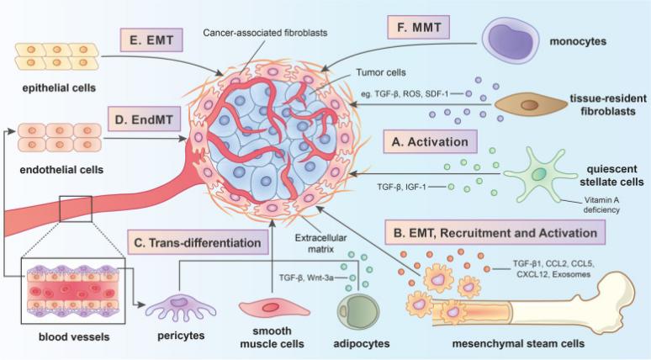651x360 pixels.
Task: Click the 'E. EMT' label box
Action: click(151, 40)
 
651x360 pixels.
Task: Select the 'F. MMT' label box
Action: click(419, 28)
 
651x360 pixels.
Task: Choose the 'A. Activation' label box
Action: click(430, 142)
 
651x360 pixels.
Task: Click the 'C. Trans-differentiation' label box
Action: click(198, 242)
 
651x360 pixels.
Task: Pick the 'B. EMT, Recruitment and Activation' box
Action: click(495, 232)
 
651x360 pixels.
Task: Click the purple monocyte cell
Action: click(511, 40)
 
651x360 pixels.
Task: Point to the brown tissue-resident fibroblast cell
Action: click(531, 104)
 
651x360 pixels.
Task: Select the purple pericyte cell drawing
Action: click(181, 308)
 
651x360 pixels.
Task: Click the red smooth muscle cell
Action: click(274, 309)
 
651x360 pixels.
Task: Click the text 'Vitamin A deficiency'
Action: click(601, 204)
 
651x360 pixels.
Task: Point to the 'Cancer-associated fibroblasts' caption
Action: click(265, 33)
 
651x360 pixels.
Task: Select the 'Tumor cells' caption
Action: click(381, 72)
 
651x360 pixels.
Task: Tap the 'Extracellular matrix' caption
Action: click(320, 243)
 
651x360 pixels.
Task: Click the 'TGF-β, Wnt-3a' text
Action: click(306, 277)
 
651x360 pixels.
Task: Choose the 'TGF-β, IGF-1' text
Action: click(401, 188)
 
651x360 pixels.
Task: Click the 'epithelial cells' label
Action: click(59, 88)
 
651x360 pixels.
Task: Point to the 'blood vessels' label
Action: click(74, 336)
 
